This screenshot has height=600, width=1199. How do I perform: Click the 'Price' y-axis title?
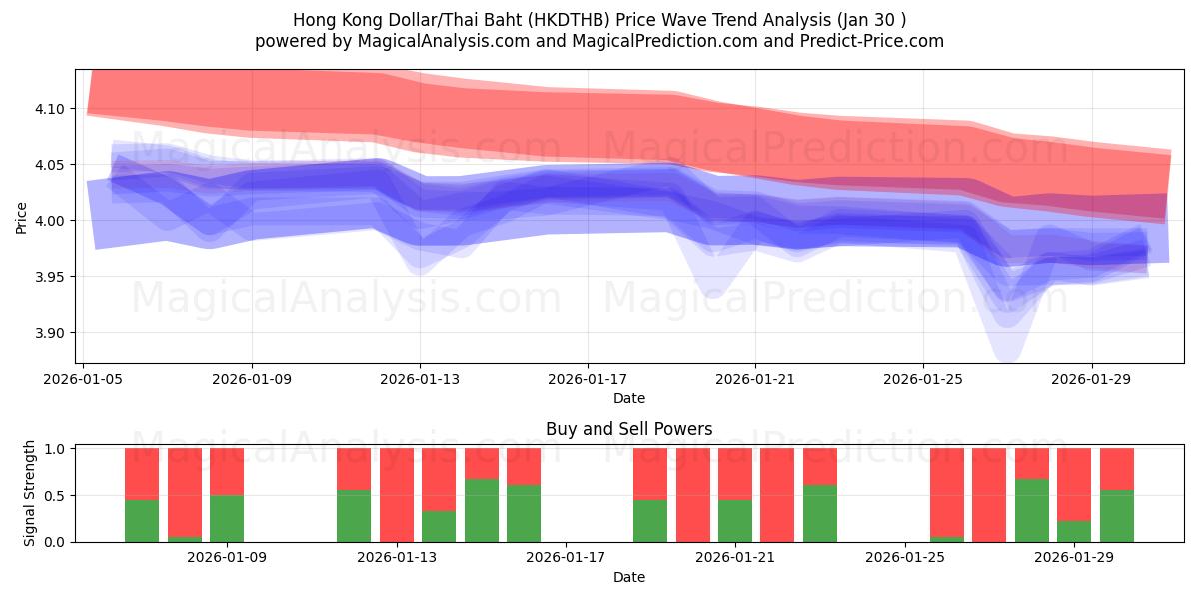click(21, 217)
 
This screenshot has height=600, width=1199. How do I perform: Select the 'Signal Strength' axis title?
click(30, 494)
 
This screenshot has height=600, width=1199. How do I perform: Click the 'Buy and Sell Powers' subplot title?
click(628, 429)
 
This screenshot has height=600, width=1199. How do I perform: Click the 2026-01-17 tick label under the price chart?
click(587, 380)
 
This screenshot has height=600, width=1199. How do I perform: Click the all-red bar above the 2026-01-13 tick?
click(397, 495)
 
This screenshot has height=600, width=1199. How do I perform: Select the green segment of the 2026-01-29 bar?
click(1074, 531)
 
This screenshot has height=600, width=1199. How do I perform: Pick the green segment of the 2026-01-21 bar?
click(735, 520)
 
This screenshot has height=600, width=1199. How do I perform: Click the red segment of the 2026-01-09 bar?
click(227, 471)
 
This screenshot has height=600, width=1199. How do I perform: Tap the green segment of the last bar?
click(1116, 516)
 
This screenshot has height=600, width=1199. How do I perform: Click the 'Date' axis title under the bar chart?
click(628, 577)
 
